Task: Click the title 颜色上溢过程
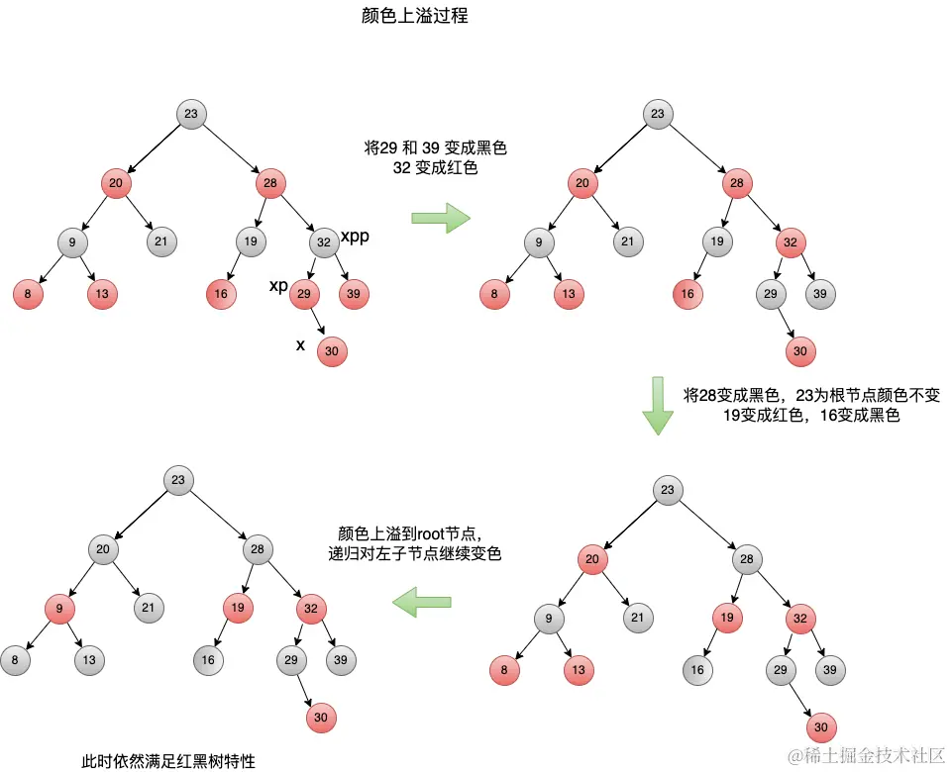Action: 414,17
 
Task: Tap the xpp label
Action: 355,237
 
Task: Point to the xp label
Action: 278,286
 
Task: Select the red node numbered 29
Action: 304,293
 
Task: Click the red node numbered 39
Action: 354,293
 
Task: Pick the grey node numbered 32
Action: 324,241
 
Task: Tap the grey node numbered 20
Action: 103,548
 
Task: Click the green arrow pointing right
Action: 442,217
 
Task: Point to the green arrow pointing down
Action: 657,405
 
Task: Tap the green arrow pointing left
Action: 421,600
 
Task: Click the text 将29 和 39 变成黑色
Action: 436,148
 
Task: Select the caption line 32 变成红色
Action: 436,168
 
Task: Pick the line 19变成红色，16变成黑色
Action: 811,416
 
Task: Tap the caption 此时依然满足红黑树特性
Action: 168,761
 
